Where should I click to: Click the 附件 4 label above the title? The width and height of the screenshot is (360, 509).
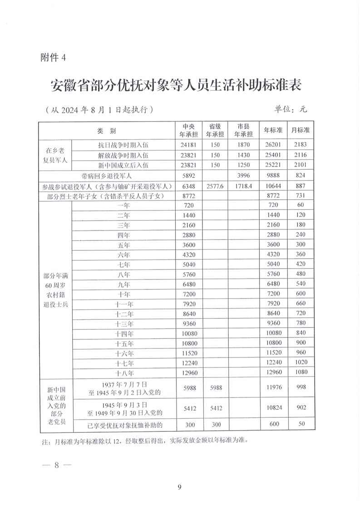(x=53, y=58)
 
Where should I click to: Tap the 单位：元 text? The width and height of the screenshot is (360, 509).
(x=291, y=109)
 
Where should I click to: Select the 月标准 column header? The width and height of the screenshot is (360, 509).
(x=300, y=130)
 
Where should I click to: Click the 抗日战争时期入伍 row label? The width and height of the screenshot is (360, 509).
(x=123, y=145)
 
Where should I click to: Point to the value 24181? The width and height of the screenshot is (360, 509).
(x=189, y=145)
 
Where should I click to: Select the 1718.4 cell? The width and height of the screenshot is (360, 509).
(x=243, y=186)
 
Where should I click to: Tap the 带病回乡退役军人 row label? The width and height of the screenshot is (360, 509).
(x=107, y=175)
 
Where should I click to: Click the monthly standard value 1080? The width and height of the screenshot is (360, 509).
(x=300, y=373)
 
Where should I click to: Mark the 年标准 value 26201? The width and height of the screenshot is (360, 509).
(x=273, y=145)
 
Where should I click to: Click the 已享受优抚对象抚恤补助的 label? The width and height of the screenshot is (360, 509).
(x=125, y=425)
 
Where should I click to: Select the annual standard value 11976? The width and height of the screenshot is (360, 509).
(x=273, y=387)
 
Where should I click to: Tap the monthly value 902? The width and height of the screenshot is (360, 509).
(x=300, y=408)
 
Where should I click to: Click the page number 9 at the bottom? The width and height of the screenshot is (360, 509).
(x=180, y=488)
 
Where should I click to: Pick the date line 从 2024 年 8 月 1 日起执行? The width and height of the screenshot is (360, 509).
(x=98, y=110)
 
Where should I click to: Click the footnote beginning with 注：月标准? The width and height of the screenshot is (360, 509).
(x=144, y=440)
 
